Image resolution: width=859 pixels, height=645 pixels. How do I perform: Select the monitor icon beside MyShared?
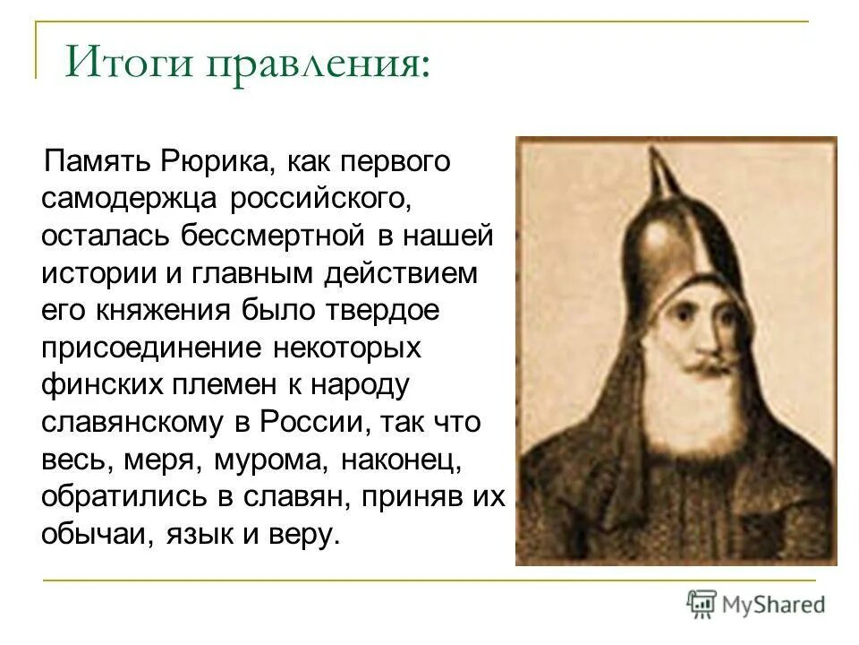702,604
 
